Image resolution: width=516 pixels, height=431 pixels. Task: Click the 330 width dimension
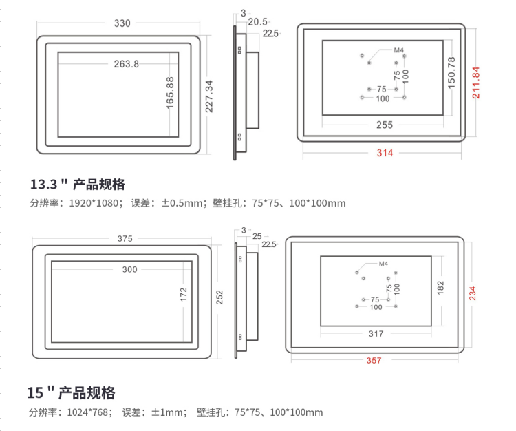122,23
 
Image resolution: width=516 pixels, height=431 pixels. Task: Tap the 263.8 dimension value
127,64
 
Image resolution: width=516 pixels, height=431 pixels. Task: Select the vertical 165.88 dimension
170,93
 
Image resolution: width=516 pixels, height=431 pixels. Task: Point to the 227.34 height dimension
209,96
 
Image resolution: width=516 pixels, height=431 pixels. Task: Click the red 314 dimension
385,153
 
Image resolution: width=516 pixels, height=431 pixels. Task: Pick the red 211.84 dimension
476,83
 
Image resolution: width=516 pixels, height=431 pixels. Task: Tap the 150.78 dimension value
451,73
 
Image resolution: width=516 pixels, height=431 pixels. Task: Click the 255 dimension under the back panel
385,125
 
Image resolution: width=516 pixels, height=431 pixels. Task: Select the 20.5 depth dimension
258,22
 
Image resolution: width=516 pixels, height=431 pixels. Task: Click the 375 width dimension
125,238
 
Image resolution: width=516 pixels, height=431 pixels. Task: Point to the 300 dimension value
129,269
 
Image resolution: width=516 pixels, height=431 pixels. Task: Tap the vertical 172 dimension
184,295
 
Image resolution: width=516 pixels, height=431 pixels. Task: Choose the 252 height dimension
219,297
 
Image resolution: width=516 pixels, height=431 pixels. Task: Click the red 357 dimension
374,360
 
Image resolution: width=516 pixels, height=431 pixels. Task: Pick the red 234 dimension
473,293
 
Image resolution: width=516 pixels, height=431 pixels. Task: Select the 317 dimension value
376,333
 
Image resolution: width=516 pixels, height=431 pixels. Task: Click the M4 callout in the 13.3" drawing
399,50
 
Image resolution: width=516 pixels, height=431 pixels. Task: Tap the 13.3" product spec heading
78,185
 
